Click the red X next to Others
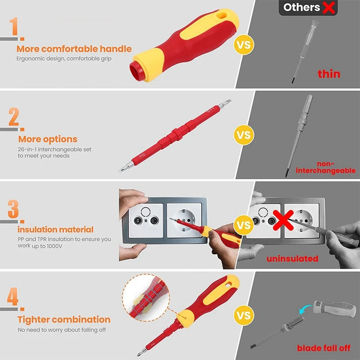click(x=328, y=7)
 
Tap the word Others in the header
click(x=301, y=7)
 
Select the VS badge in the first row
click(x=244, y=45)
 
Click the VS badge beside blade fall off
click(x=244, y=315)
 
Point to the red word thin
click(x=329, y=74)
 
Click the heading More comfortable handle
click(x=74, y=49)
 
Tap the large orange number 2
click(x=14, y=117)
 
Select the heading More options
click(x=48, y=139)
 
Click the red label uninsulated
click(x=292, y=259)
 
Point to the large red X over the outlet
click(x=283, y=220)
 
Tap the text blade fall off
click(x=324, y=348)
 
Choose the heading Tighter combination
click(x=64, y=319)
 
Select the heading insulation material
click(x=55, y=229)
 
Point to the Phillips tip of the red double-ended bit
click(x=121, y=170)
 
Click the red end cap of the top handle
click(x=136, y=71)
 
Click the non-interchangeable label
click(x=325, y=167)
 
